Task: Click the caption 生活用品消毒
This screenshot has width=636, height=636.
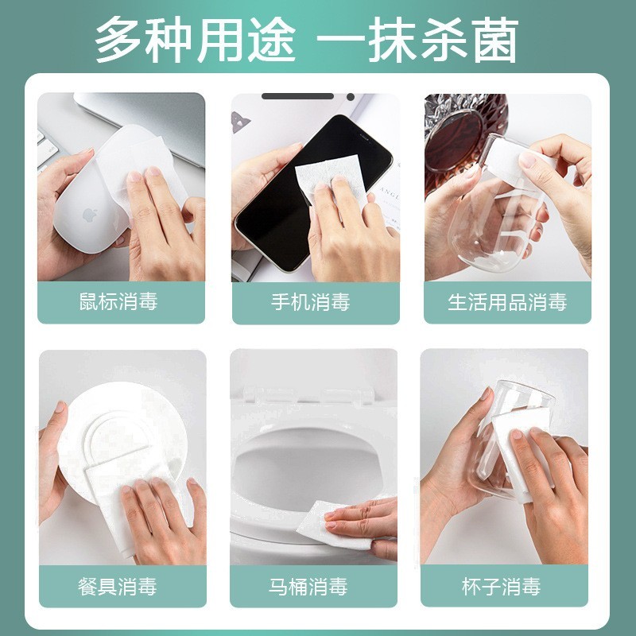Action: [x=506, y=302]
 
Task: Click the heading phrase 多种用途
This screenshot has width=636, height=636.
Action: [x=196, y=40]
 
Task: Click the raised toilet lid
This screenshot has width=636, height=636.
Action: [x=314, y=382]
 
